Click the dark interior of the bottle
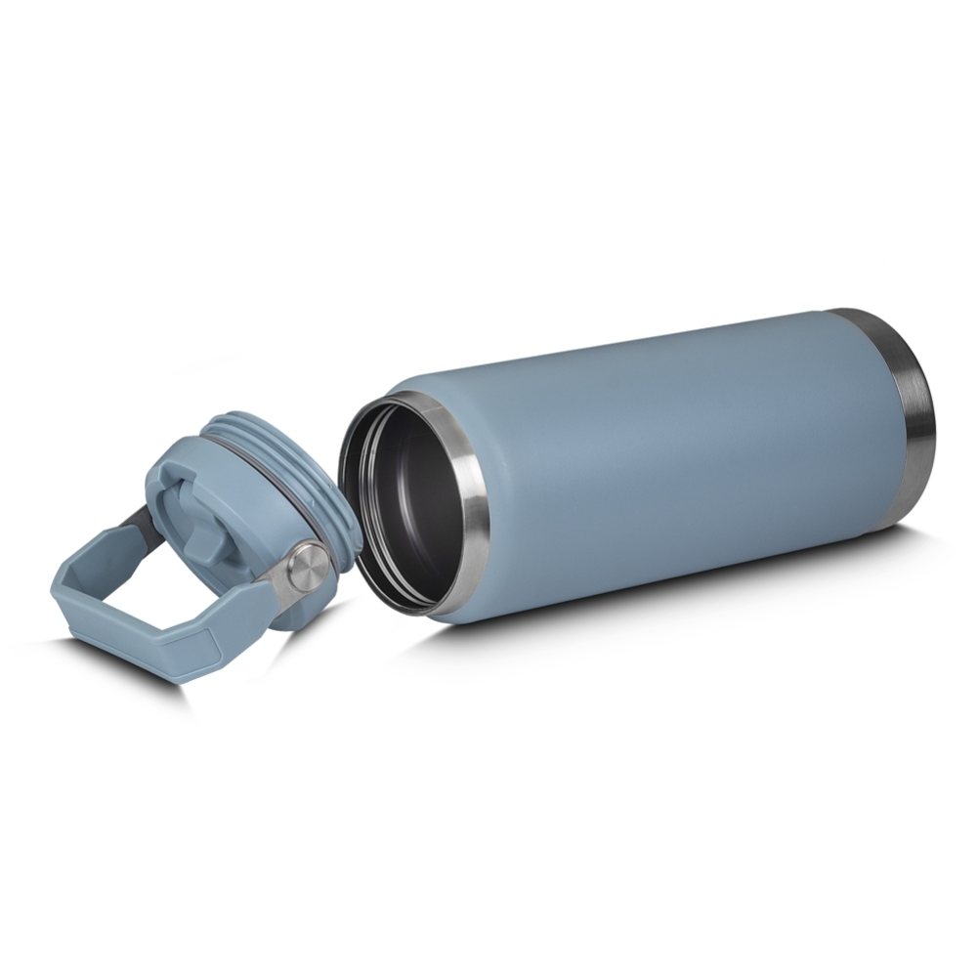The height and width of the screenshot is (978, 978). pos(405,498)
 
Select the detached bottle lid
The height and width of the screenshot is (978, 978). pos(234,508)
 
